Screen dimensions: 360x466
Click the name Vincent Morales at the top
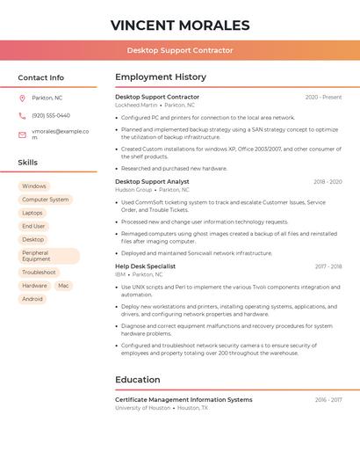(x=180, y=25)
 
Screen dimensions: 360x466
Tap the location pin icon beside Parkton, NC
(x=22, y=98)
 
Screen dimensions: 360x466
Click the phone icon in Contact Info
(x=22, y=115)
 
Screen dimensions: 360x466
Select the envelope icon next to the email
(x=22, y=135)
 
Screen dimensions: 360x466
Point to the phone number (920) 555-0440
(x=51, y=115)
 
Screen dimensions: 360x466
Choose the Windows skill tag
(x=34, y=186)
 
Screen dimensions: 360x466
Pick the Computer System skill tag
(x=46, y=200)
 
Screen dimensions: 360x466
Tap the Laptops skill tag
(x=32, y=213)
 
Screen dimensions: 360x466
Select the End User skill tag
(x=33, y=226)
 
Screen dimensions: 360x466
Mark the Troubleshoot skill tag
(x=39, y=273)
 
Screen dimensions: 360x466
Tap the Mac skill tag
(x=63, y=286)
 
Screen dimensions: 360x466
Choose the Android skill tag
(x=32, y=299)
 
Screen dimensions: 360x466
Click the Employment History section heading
(x=161, y=77)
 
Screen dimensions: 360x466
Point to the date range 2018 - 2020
(x=328, y=182)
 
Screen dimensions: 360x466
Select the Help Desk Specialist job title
(x=145, y=266)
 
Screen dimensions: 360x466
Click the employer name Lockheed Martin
(x=136, y=105)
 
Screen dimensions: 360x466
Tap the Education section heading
(x=138, y=380)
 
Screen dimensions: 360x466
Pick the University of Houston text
(x=142, y=408)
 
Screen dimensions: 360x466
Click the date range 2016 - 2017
(x=328, y=400)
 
